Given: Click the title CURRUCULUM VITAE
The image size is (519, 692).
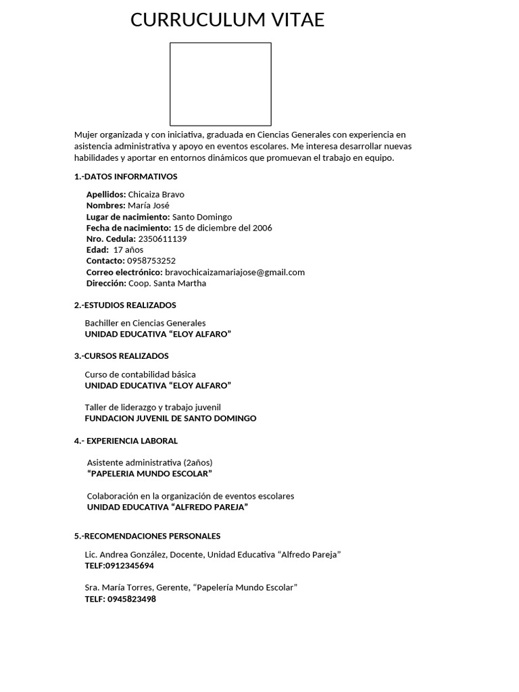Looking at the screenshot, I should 227,20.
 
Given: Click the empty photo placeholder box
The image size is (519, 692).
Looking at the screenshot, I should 220,84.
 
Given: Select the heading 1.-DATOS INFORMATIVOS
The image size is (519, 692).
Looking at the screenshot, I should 126,177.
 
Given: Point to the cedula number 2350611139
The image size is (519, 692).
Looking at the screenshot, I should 162,239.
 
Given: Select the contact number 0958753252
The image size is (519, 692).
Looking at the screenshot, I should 151,261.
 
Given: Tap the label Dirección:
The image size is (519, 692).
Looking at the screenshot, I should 106,283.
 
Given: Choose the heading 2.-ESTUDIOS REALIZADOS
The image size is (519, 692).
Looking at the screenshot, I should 125,305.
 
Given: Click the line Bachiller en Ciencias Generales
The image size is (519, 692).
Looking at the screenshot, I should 145,323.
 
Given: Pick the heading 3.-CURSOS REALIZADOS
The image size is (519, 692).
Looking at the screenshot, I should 122,356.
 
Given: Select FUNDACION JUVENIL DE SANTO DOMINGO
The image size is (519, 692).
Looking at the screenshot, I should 170,418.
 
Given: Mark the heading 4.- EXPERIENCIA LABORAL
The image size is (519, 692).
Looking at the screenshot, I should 126,441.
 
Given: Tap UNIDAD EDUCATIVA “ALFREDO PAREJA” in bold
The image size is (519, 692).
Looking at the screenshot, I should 168,507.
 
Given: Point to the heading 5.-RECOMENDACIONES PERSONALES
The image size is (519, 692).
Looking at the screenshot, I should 147,537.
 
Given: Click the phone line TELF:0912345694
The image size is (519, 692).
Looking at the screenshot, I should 120,566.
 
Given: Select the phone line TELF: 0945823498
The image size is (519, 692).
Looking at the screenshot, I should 120,599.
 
